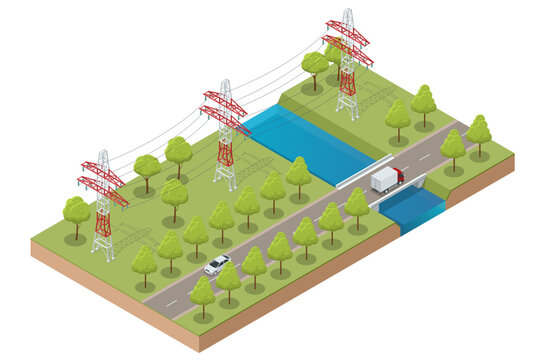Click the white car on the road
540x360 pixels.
pos(217,264)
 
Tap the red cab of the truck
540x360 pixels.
pos(397,176)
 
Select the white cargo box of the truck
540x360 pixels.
pos(383,180)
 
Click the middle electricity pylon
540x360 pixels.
pos(226,134)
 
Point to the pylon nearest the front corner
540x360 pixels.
pos(103,204)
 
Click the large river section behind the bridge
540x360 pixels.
pos(300,141)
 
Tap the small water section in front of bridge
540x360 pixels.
pos(411,207)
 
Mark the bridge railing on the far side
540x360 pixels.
pos(364,169)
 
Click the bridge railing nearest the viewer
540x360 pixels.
pos(400,193)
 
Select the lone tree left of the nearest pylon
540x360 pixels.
pos(76,214)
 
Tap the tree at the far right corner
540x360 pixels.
pos(479,131)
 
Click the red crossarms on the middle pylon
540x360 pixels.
pos(225,110)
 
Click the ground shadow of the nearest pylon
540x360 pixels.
pos(131,240)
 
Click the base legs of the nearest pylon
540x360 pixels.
pos(103,245)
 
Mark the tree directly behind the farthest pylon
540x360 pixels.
pos(315,66)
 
